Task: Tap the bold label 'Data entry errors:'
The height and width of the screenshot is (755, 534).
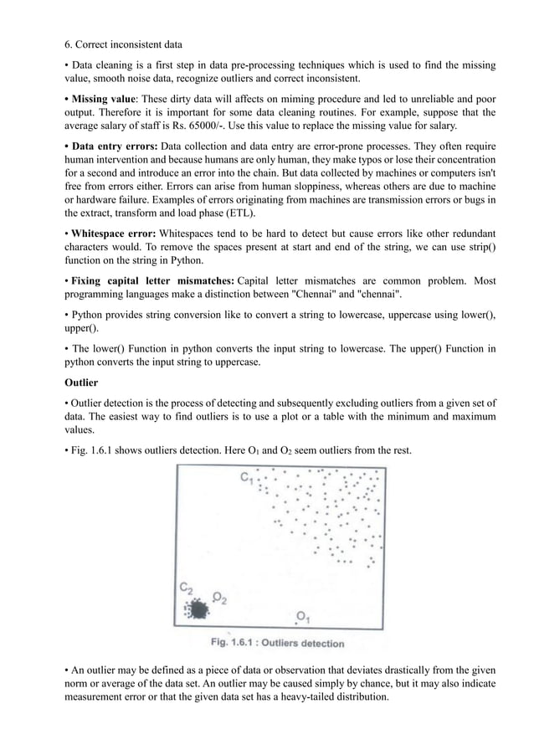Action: coord(115,147)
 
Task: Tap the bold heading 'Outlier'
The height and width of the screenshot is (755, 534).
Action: coord(81,383)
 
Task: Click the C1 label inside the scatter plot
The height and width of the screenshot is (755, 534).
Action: coord(248,479)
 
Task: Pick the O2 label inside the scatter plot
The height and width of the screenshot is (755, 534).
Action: coord(220,598)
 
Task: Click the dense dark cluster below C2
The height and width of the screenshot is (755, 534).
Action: coord(198,609)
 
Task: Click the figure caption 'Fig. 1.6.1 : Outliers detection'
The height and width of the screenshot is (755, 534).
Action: coord(277,644)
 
